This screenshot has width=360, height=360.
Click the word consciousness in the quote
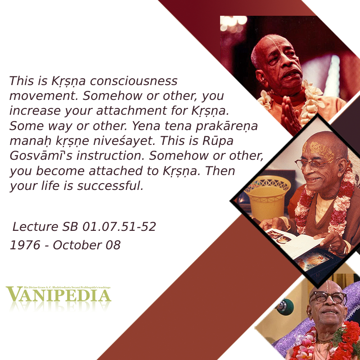tap(134, 81)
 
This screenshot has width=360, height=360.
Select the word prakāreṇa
tap(227, 126)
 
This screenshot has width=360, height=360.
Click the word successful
tap(110, 186)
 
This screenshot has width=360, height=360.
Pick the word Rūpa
tap(218, 141)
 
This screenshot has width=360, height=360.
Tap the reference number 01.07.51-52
tap(119, 227)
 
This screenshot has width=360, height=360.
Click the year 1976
tap(25, 245)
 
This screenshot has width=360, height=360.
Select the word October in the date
tap(77, 245)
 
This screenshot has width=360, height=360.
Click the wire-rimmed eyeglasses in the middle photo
tap(316, 164)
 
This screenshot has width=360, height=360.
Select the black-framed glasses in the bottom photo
tap(328, 297)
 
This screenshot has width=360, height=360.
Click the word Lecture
tap(35, 227)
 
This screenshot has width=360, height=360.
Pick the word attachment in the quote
tap(131, 111)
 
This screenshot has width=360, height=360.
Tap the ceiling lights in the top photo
tap(233, 23)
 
